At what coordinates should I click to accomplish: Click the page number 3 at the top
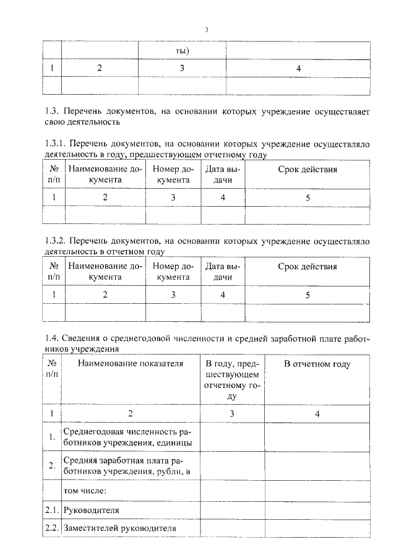(207, 29)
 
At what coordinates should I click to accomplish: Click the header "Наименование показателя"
(131, 364)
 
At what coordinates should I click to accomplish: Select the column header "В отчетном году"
(317, 364)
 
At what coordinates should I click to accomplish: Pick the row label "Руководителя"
(92, 510)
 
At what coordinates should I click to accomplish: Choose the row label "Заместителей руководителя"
(120, 528)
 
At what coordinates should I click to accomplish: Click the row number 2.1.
(51, 510)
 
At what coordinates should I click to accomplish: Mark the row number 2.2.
(51, 528)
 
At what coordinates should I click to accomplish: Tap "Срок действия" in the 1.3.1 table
(308, 169)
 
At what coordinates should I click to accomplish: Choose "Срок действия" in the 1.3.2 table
(308, 267)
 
